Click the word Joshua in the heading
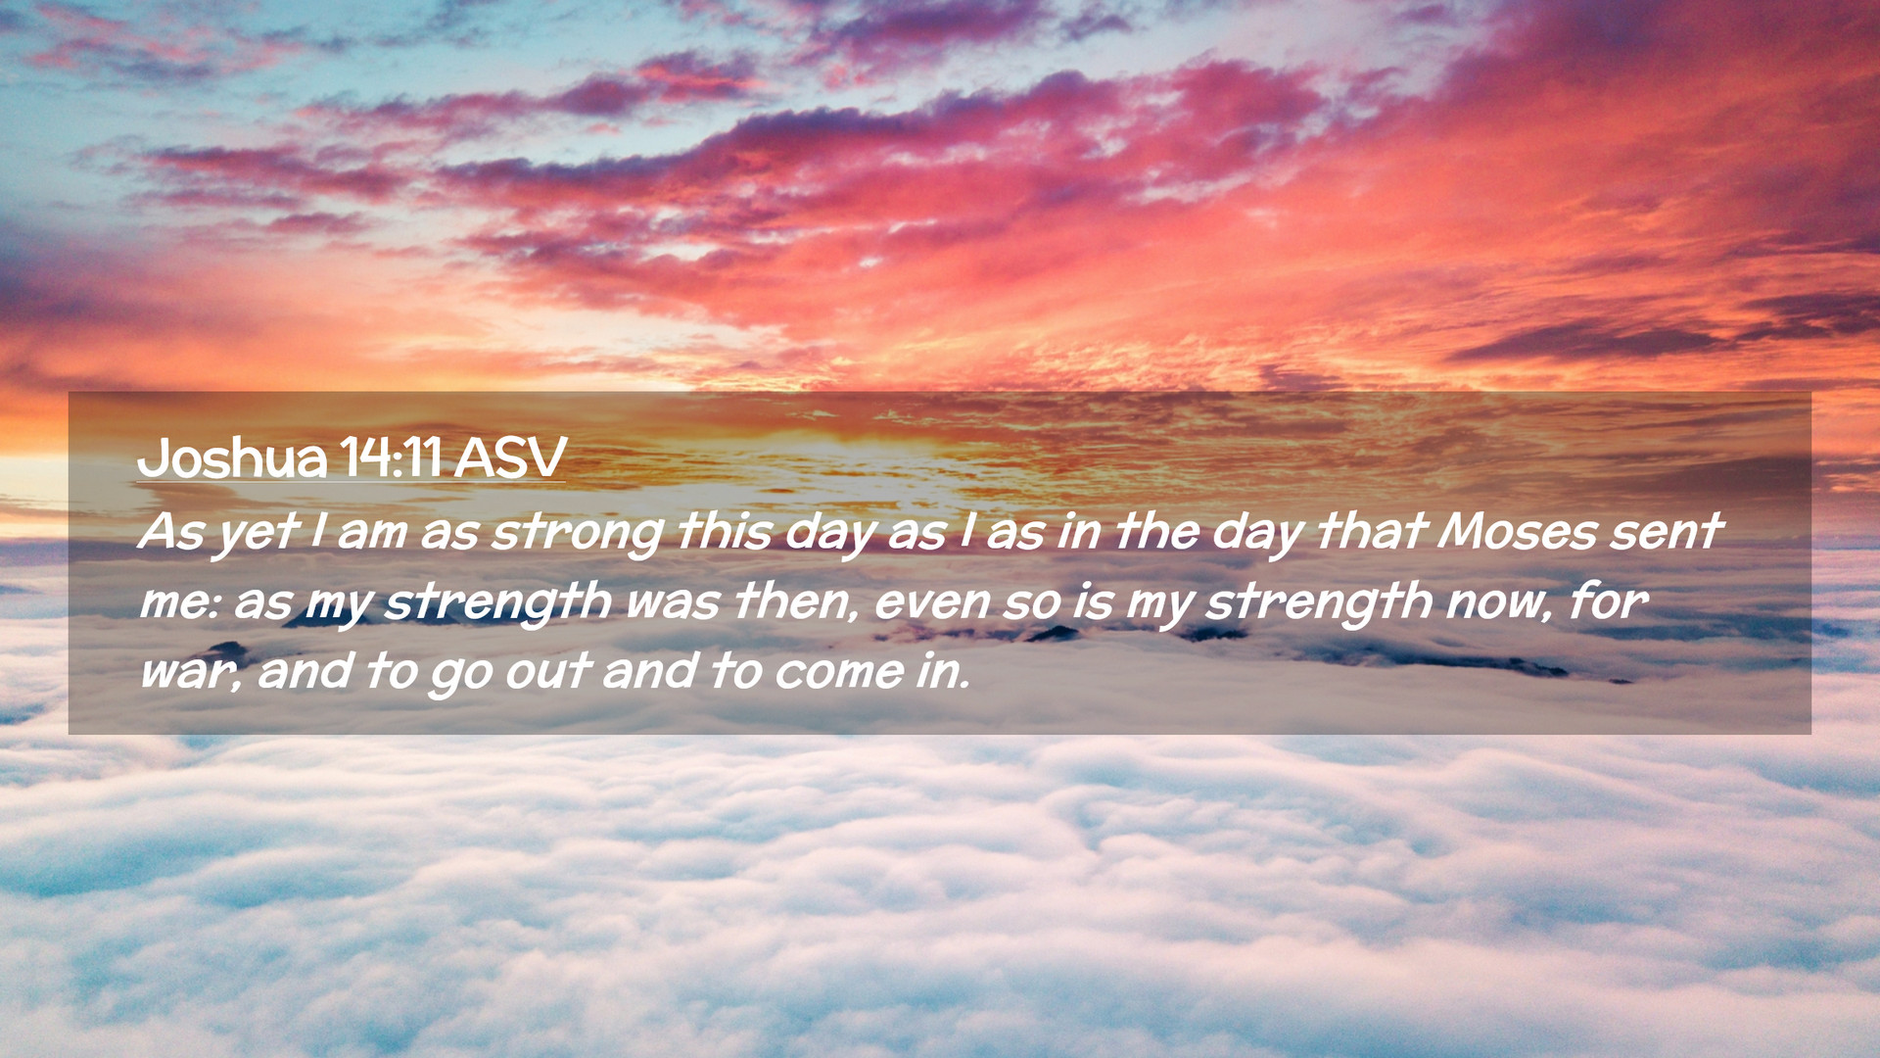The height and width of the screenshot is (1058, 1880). click(x=232, y=457)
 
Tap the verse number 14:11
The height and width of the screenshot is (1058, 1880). click(x=391, y=457)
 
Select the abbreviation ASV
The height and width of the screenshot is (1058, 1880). click(x=510, y=457)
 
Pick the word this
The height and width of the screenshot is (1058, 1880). click(x=724, y=531)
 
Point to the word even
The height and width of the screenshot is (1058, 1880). click(x=931, y=602)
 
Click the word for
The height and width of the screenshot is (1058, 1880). click(x=1609, y=600)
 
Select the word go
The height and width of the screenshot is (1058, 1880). click(x=460, y=675)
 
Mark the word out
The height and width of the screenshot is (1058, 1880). click(x=547, y=671)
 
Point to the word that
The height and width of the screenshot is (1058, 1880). click(x=1370, y=531)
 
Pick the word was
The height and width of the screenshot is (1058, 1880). click(x=673, y=602)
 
